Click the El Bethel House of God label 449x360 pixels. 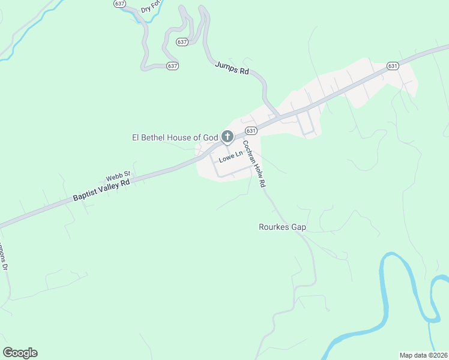click(x=175, y=137)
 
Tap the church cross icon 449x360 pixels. click(x=227, y=137)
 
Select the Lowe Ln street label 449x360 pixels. click(x=231, y=157)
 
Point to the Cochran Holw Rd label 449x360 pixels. click(x=254, y=164)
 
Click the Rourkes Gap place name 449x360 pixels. click(x=282, y=227)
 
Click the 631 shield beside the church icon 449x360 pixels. click(x=251, y=130)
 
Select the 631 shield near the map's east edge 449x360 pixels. click(x=393, y=65)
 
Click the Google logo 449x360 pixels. click(x=20, y=353)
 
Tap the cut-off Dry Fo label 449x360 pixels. click(x=152, y=8)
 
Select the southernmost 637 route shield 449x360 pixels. click(x=173, y=65)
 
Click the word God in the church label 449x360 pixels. click(x=210, y=137)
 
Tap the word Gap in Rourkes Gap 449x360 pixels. click(x=298, y=227)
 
